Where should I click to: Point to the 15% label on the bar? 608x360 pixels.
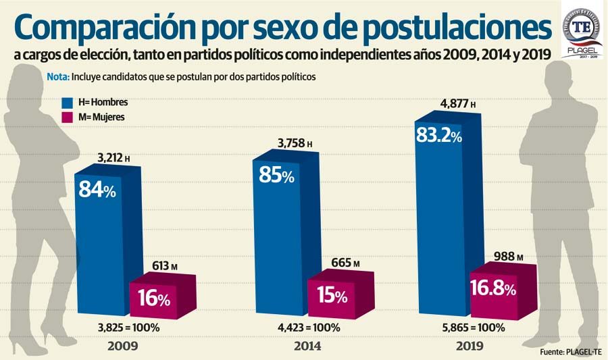click(x=331, y=296)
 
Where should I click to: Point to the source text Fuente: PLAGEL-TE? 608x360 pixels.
click(x=571, y=353)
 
